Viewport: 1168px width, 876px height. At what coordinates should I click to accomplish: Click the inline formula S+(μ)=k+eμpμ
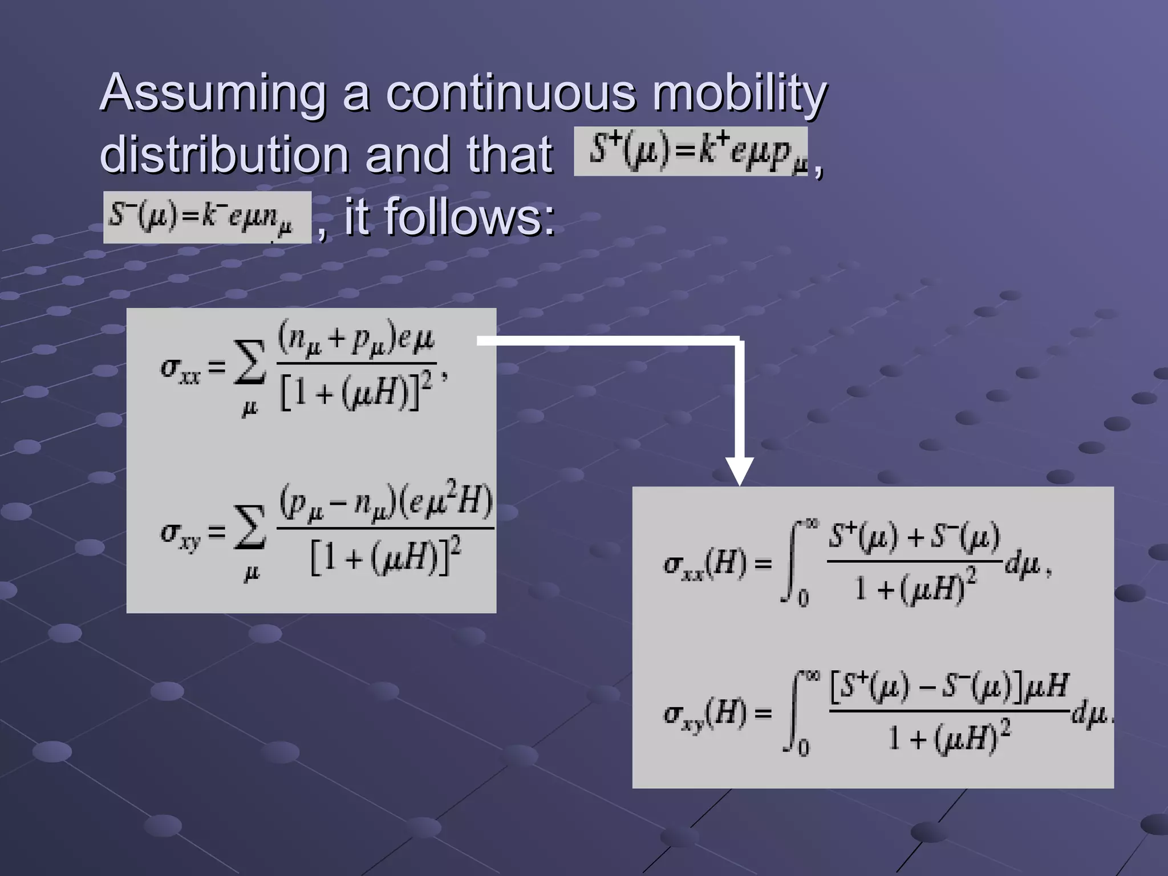pos(690,151)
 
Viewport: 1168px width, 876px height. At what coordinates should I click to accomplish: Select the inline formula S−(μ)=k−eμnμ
pos(207,217)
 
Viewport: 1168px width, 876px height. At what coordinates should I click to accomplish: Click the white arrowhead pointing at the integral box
pos(739,471)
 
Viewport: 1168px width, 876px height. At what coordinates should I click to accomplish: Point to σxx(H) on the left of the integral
pos(705,565)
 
